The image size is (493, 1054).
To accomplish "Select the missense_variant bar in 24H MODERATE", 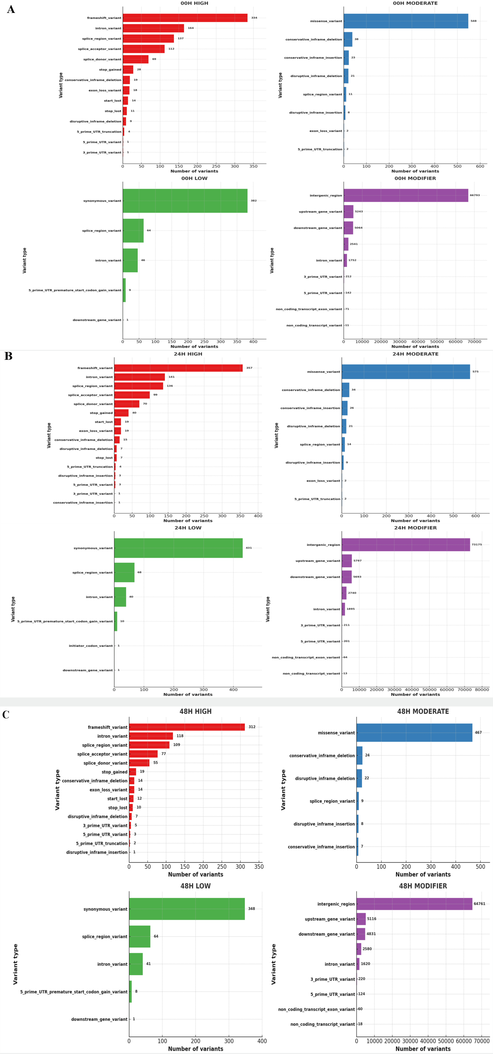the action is [406, 372].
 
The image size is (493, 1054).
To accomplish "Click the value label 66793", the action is [475, 195].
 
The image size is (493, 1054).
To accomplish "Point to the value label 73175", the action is [477, 545].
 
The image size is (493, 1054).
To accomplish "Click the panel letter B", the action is [8, 356].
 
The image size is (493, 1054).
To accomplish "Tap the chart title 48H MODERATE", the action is [423, 711].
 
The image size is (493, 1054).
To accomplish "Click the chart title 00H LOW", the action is [194, 178].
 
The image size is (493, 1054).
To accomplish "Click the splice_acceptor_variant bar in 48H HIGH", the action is [143, 754].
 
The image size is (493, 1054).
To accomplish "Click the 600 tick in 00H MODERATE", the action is [480, 166].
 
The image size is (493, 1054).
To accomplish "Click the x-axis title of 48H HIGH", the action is [196, 874].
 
